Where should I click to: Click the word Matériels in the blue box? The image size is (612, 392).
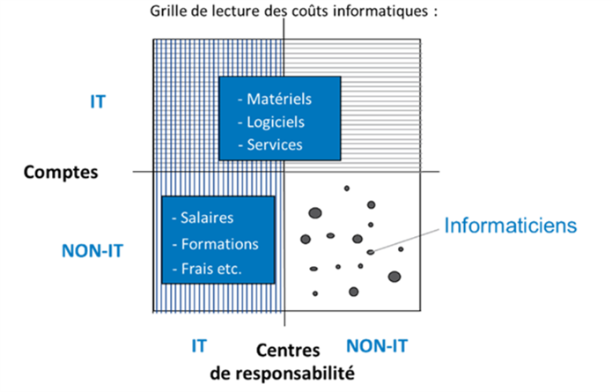tap(279, 100)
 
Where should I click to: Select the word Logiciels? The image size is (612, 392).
tap(276, 122)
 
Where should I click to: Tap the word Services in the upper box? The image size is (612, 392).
tap(275, 144)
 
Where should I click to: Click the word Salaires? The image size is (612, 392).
tap(207, 218)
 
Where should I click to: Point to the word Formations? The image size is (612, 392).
tap(220, 244)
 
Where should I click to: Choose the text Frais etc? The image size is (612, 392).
tap(211, 269)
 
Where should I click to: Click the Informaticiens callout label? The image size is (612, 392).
tap(511, 226)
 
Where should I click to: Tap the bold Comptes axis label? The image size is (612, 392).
tap(61, 172)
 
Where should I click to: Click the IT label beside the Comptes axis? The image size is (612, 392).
tap(98, 102)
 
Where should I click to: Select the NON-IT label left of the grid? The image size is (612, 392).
tap(92, 251)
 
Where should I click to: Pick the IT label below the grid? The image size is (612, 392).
tap(199, 346)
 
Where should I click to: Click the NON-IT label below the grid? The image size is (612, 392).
tap(377, 346)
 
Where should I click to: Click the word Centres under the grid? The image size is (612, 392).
tap(288, 351)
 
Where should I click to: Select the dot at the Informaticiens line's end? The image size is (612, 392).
tap(371, 252)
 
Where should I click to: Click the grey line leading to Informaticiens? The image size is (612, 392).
tap(406, 240)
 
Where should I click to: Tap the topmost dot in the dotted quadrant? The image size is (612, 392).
tap(347, 189)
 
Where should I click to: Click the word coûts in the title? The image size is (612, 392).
tap(311, 11)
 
